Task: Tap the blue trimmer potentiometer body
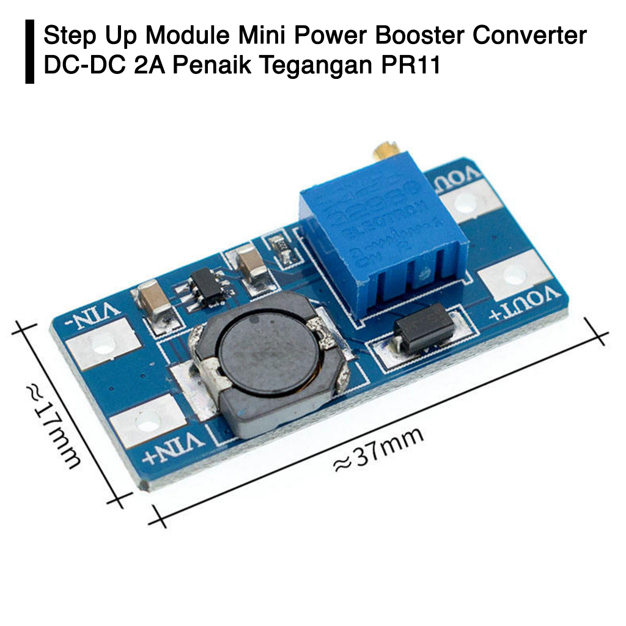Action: point(384,245)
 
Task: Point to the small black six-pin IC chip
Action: point(208,287)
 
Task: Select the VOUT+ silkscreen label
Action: point(526,304)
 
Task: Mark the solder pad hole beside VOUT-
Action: point(466,204)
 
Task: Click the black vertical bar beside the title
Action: point(29,51)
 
